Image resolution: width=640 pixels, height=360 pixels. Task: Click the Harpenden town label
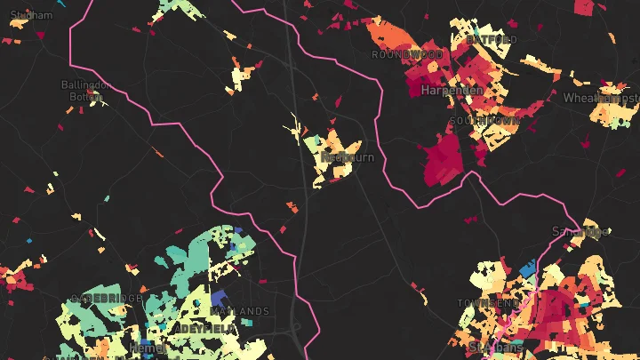click(x=452, y=91)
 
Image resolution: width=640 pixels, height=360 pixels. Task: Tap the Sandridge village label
click(x=580, y=232)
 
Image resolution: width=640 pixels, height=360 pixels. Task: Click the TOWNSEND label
click(x=488, y=303)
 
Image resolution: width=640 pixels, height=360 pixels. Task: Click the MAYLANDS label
click(x=243, y=311)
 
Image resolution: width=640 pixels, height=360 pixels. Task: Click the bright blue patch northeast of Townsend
click(x=526, y=268)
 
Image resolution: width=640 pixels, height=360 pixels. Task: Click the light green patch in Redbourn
click(x=312, y=142)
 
